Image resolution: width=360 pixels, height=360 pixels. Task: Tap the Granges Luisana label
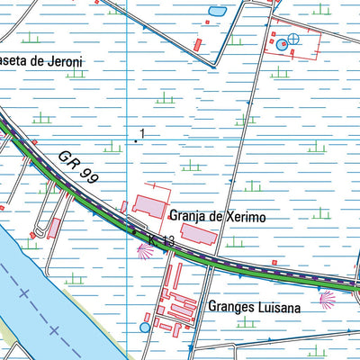pos(254,306)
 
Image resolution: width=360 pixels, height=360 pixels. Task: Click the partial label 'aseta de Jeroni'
pos(41,61)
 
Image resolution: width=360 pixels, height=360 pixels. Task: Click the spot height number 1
pos(142,134)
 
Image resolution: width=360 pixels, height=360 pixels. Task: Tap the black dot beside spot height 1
pos(136,141)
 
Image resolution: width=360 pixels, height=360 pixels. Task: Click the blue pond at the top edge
pos(217,12)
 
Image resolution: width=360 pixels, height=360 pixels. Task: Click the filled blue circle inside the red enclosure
pos(282,43)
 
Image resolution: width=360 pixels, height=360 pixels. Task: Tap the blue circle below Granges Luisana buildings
pos(146,328)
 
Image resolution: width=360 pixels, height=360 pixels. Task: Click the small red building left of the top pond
pos(197,43)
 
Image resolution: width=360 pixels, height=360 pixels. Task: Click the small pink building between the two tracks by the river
pos(54,227)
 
